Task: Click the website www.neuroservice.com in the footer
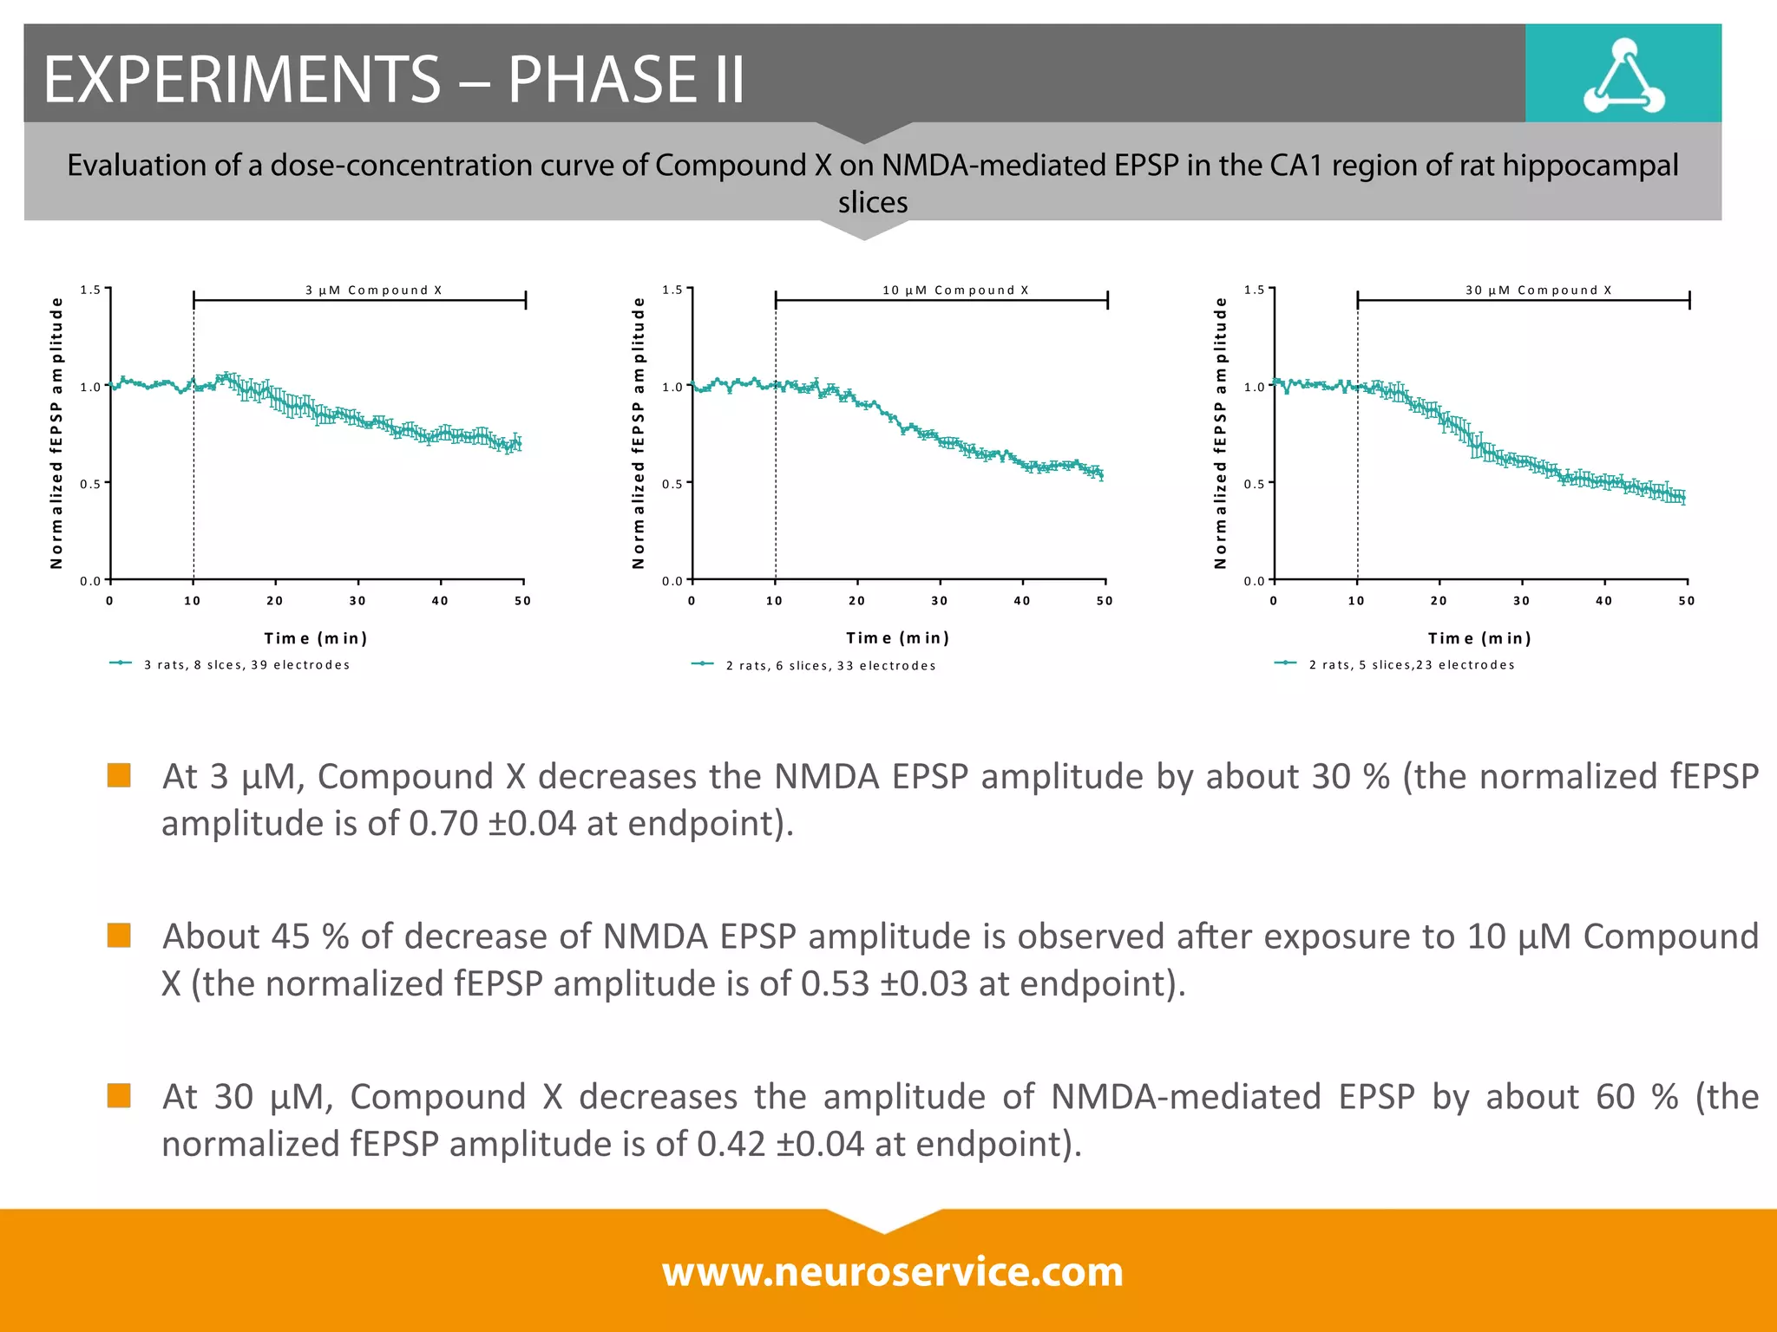click(892, 1271)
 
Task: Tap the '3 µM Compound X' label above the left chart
click(373, 290)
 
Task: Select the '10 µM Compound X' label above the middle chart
click(955, 290)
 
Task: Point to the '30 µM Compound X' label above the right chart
click(1538, 290)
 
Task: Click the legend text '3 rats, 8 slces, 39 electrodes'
click(247, 665)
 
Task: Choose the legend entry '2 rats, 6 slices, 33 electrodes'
click(830, 666)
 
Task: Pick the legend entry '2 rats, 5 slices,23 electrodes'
click(1412, 665)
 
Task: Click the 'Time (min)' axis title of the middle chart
click(897, 638)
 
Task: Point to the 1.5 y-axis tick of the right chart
click(1253, 290)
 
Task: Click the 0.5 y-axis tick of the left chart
click(89, 484)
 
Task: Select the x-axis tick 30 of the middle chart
click(940, 601)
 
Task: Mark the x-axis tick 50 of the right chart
click(1686, 601)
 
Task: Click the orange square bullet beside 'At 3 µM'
click(119, 774)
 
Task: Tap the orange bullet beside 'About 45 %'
click(119, 935)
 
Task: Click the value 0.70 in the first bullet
click(443, 823)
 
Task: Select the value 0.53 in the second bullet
click(835, 983)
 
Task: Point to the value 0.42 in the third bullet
click(731, 1144)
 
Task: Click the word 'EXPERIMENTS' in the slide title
click(243, 80)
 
